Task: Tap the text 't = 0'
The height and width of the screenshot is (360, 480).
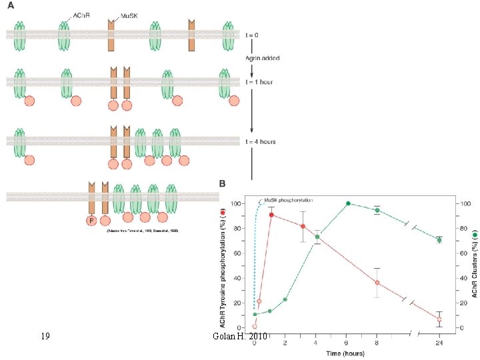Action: pos(267,35)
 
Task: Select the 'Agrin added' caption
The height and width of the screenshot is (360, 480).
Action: pos(267,59)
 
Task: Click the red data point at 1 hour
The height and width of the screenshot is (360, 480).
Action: pos(271,215)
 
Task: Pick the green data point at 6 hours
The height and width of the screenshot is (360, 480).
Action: pos(349,203)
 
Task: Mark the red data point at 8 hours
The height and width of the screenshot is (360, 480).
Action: pos(377,283)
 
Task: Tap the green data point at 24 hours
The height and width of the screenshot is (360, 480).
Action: pos(439,240)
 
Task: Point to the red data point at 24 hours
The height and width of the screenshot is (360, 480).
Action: pos(439,319)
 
